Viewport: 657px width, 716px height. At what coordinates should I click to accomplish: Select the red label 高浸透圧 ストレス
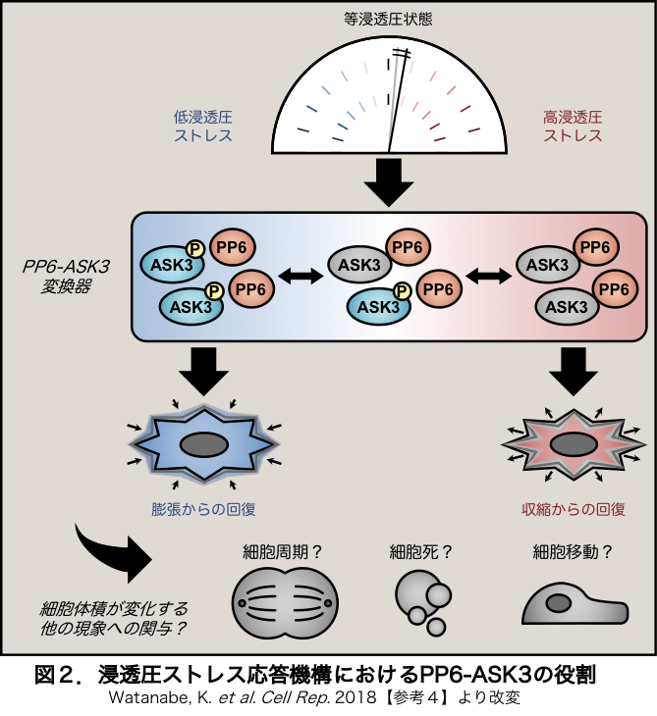pos(573,125)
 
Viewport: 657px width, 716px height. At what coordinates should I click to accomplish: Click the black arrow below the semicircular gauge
pos(389,181)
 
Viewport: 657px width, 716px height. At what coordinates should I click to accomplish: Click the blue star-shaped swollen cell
pos(203,443)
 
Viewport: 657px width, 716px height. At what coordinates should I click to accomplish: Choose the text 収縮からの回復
pos(574,509)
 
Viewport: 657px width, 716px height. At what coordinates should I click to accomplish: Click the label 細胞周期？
pos(284,551)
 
